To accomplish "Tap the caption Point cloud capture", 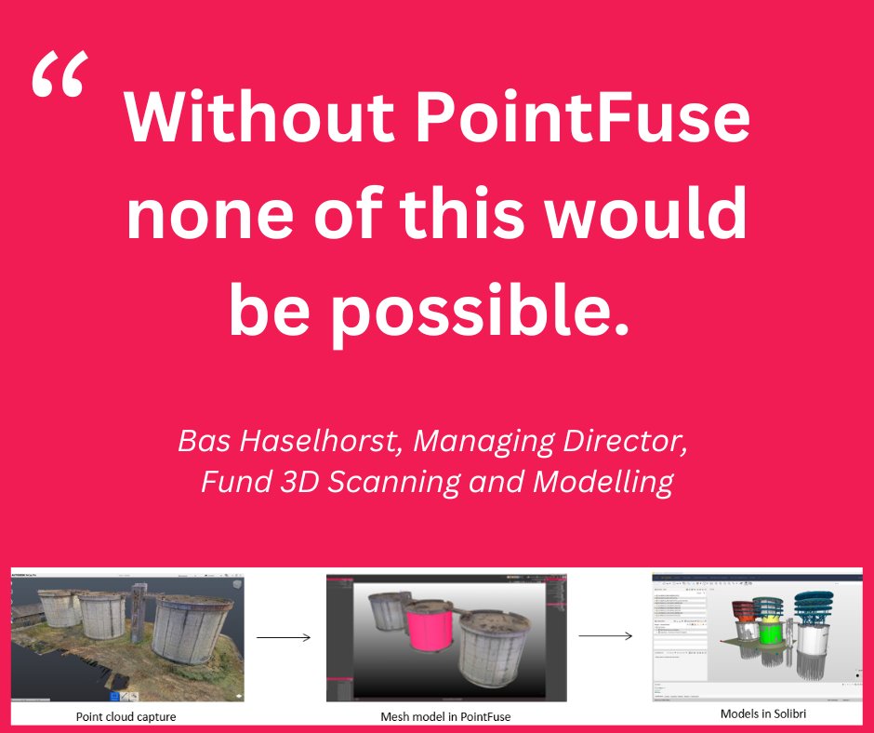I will [x=126, y=717].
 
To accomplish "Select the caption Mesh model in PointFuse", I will [x=446, y=716].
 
